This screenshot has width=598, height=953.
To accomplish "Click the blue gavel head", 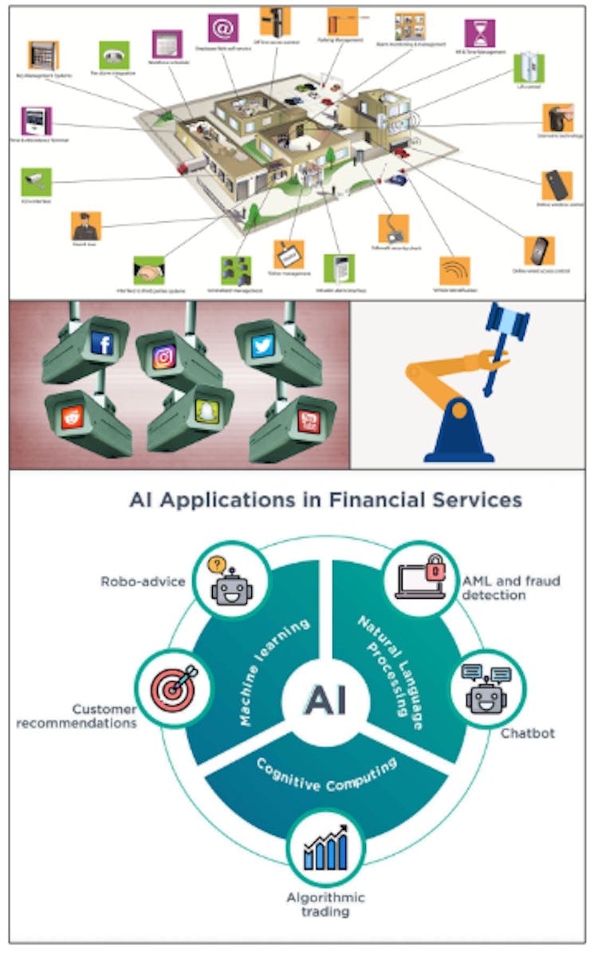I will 507,321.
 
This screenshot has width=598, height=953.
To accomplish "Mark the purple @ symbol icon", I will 223,28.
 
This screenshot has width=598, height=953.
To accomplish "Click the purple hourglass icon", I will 479,33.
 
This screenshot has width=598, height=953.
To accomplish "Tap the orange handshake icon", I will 149,271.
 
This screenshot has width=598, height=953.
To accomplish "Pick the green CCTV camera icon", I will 37,182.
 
